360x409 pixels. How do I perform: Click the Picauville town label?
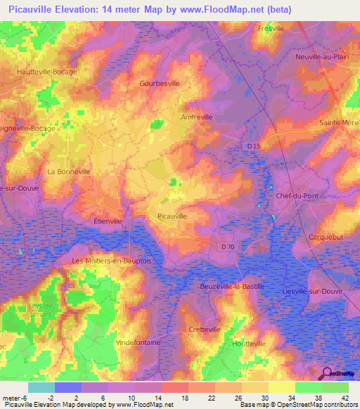click(x=172, y=216)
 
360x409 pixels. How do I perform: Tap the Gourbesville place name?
click(x=160, y=83)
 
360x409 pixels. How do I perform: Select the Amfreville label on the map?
click(x=197, y=117)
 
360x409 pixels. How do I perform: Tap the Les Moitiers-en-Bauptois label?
click(x=112, y=261)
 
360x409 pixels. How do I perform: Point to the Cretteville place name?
click(x=205, y=329)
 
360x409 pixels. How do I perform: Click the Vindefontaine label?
click(x=138, y=342)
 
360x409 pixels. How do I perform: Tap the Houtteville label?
click(x=248, y=343)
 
